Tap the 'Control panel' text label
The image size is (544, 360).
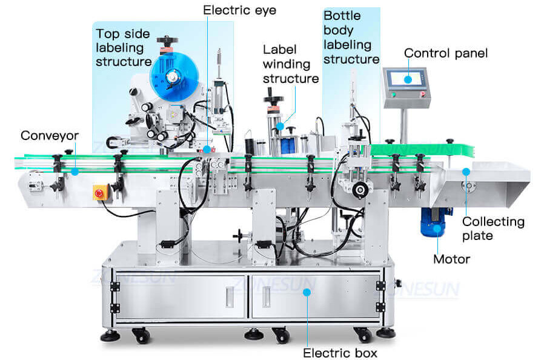[445, 53]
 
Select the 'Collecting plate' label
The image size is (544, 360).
[493, 228]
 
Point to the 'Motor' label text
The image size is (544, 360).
[451, 259]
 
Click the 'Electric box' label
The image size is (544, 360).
[340, 352]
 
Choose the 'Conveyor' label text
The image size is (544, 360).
[49, 135]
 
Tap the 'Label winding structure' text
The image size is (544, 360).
[290, 64]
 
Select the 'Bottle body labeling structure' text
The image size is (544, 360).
[351, 38]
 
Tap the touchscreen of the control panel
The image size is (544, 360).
[405, 78]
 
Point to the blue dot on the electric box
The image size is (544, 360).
[307, 292]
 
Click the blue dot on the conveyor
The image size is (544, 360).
[74, 172]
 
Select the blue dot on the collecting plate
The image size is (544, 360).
[466, 172]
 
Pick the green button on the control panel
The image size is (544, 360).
[392, 95]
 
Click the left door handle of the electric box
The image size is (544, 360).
[230, 296]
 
